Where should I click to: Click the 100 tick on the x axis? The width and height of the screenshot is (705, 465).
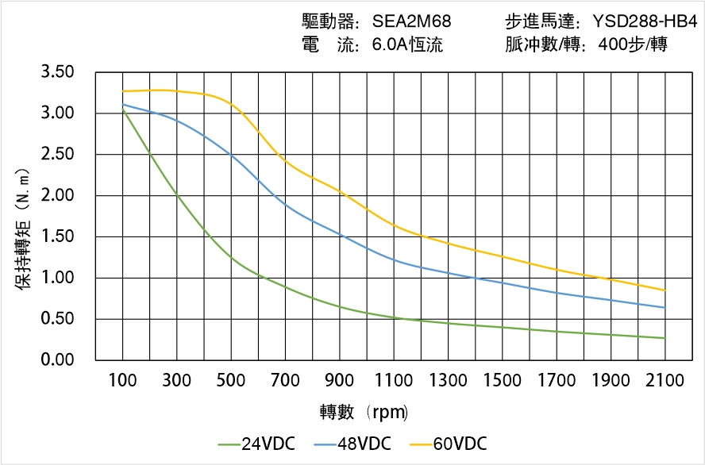click(x=122, y=381)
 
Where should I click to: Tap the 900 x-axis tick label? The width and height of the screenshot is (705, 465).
click(x=340, y=381)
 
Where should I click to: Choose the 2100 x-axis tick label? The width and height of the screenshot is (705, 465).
click(x=665, y=381)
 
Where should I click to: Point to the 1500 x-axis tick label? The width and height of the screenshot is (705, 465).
click(x=502, y=381)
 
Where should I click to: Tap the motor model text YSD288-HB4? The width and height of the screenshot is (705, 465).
click(x=645, y=21)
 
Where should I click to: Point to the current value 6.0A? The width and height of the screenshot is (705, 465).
click(x=389, y=45)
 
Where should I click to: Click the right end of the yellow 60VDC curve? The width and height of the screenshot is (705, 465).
click(x=665, y=290)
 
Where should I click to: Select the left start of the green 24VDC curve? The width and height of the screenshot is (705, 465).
click(x=123, y=110)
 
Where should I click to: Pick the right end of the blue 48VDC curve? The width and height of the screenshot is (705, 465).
click(x=665, y=308)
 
